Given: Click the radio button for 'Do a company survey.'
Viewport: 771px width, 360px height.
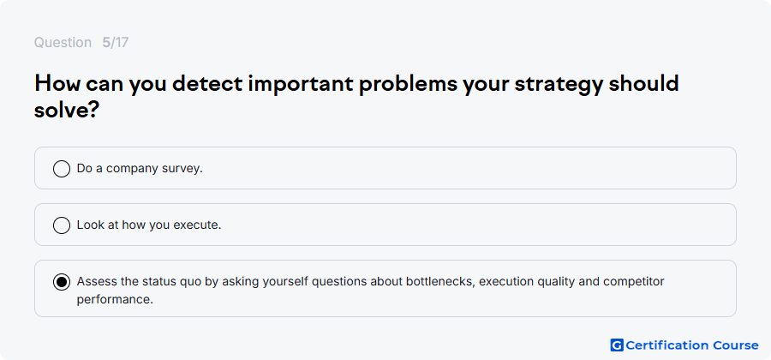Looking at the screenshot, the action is tap(62, 169).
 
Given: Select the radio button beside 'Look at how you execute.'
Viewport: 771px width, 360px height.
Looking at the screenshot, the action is tap(62, 225).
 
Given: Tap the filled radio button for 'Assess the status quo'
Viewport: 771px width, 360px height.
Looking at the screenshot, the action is tap(62, 282).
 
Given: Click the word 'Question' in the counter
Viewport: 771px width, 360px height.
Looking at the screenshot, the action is tap(63, 43).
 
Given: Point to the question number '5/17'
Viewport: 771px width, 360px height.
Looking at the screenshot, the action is tap(116, 43).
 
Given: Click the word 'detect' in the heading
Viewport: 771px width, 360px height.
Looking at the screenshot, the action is tap(207, 84).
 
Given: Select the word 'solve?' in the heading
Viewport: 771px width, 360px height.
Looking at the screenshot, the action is tap(68, 111).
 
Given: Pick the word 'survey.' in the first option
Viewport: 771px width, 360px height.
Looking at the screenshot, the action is tap(185, 169).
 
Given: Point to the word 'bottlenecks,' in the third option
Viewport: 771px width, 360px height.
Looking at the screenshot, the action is tap(440, 282).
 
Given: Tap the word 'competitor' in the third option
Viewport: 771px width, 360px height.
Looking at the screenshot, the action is tap(634, 282).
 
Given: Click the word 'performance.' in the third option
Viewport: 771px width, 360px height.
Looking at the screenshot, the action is tap(115, 299).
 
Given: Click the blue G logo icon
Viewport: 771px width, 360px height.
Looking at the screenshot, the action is tap(617, 345).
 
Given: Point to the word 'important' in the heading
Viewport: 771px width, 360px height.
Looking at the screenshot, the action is tap(301, 85).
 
